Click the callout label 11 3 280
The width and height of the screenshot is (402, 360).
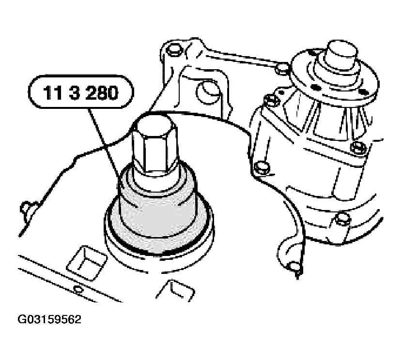click(81, 92)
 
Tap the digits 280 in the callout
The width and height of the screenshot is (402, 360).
click(102, 93)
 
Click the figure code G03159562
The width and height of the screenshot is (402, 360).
click(49, 319)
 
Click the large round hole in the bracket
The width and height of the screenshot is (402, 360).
click(208, 93)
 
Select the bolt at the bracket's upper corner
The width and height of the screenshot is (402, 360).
click(174, 50)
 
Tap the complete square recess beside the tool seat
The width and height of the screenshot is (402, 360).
click(87, 263)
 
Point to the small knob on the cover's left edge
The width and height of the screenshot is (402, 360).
click(27, 208)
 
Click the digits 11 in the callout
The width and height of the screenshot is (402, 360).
click(52, 93)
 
